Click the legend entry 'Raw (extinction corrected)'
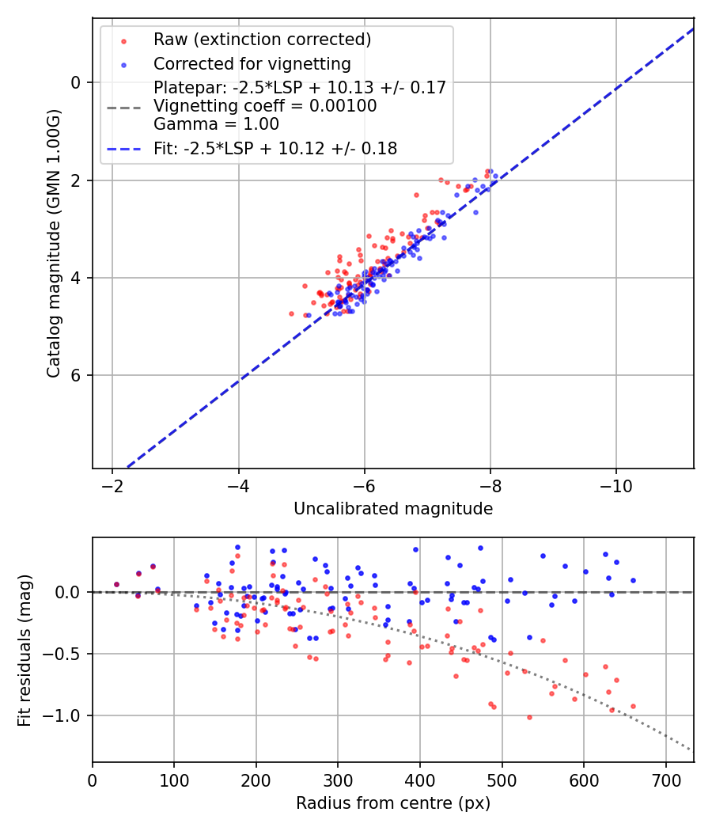[x=262, y=40]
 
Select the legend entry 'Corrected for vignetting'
[x=252, y=63]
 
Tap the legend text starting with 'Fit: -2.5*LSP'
[x=275, y=149]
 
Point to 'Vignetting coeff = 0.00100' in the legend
[x=265, y=106]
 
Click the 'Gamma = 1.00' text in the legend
[x=216, y=124]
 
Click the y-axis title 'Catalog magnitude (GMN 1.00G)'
[x=53, y=243]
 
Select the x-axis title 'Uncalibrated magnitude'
[x=393, y=509]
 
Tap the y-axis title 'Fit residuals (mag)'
[x=25, y=650]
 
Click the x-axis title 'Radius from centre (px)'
[x=393, y=803]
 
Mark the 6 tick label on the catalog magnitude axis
[x=76, y=375]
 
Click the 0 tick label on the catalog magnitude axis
[x=76, y=82]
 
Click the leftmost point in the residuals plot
[x=116, y=584]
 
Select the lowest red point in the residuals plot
[x=529, y=717]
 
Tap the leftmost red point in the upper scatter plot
[x=291, y=313]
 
